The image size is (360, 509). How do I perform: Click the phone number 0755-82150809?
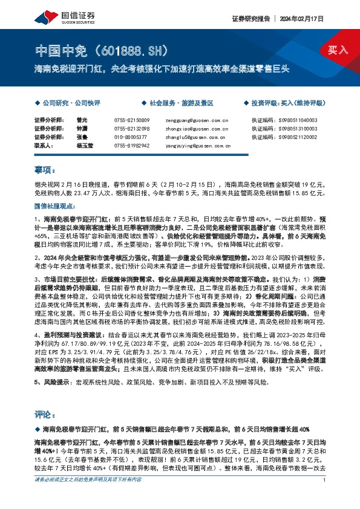133,120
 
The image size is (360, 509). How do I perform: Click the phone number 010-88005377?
131,137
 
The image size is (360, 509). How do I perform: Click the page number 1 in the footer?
325,497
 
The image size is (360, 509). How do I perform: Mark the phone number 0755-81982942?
133,145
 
